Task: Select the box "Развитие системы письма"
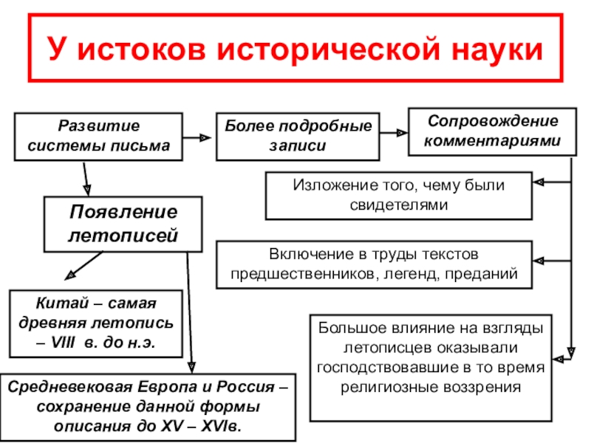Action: (x=99, y=136)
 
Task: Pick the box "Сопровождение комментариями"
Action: (x=493, y=131)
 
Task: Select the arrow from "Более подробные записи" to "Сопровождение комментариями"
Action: (x=392, y=134)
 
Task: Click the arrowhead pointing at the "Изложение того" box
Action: (x=539, y=182)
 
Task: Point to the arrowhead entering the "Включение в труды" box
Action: (x=539, y=261)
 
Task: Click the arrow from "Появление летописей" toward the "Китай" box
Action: (x=83, y=265)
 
